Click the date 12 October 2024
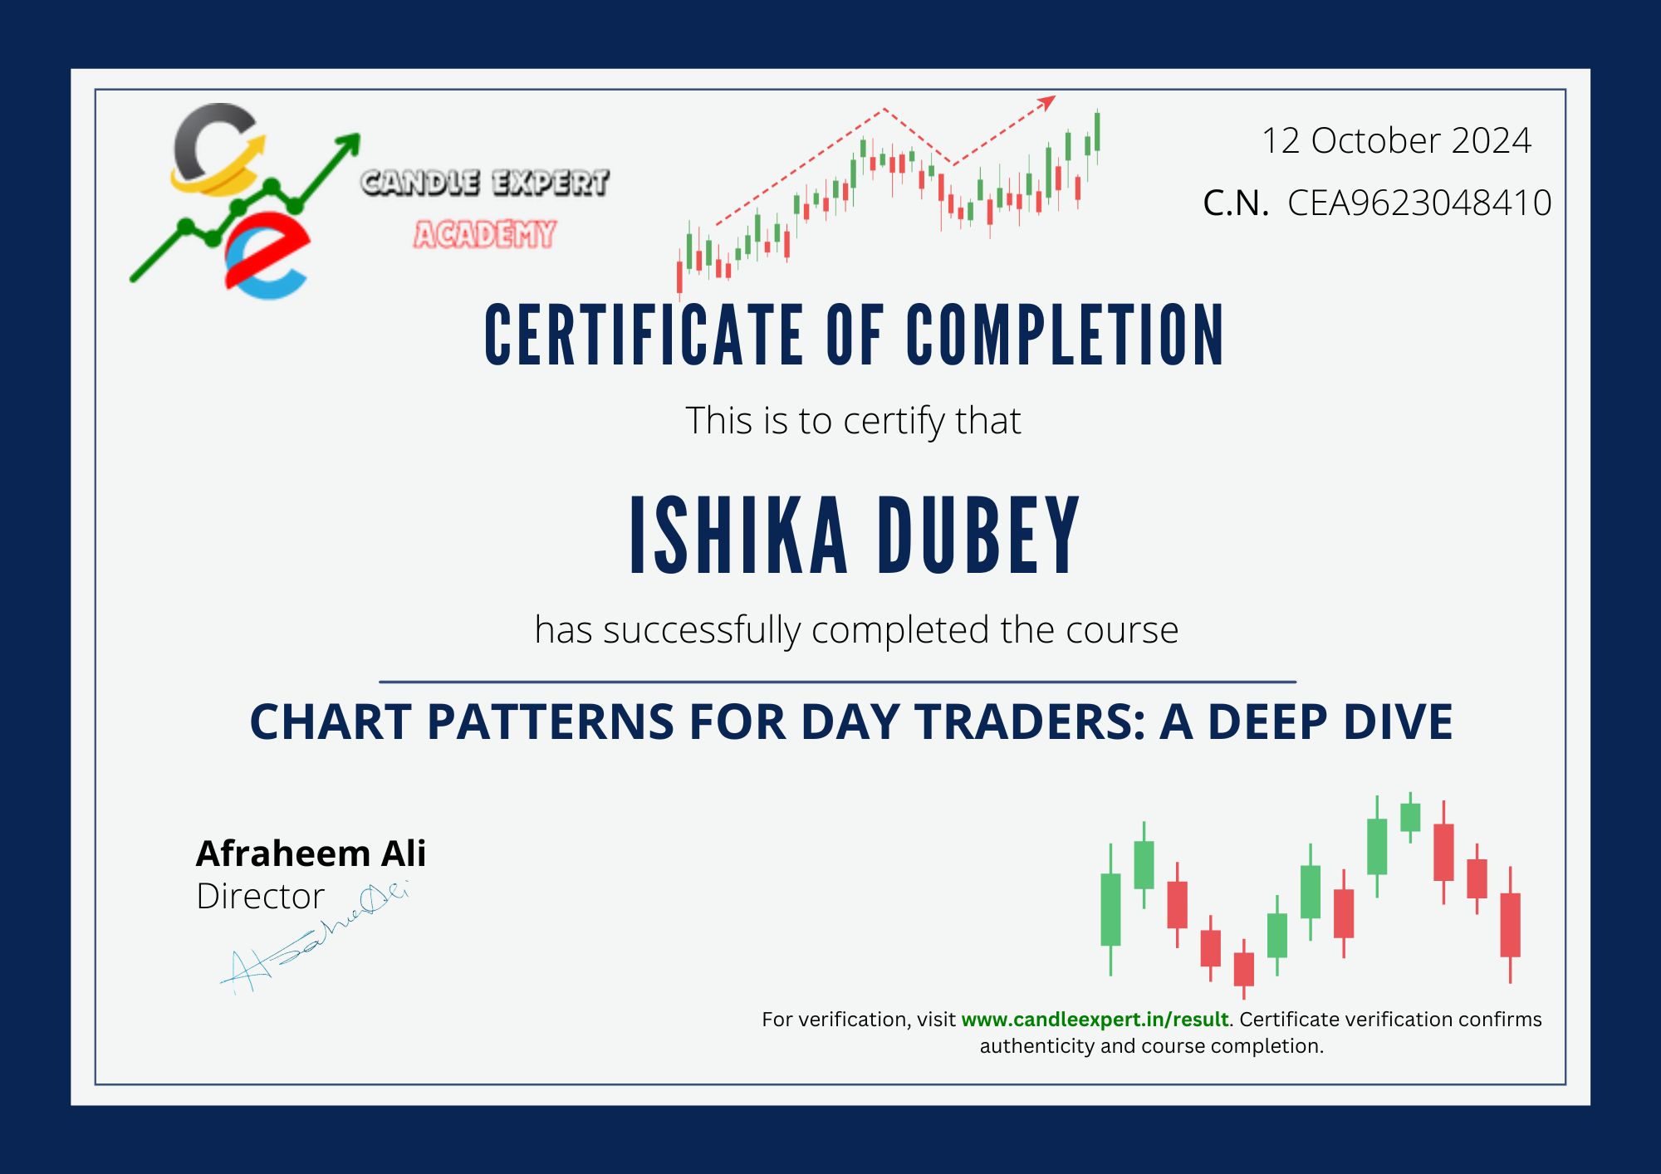point(1396,140)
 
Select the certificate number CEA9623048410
point(1419,203)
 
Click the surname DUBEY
point(978,536)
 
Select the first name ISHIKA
point(738,536)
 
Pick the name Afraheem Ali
point(311,854)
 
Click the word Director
point(260,897)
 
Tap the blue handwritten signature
point(316,942)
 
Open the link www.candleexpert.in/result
point(1095,1020)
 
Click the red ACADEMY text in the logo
point(485,235)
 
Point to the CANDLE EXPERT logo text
point(485,183)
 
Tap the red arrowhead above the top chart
point(1047,102)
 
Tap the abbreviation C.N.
point(1236,203)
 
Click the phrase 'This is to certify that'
point(853,421)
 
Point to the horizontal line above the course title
point(837,682)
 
